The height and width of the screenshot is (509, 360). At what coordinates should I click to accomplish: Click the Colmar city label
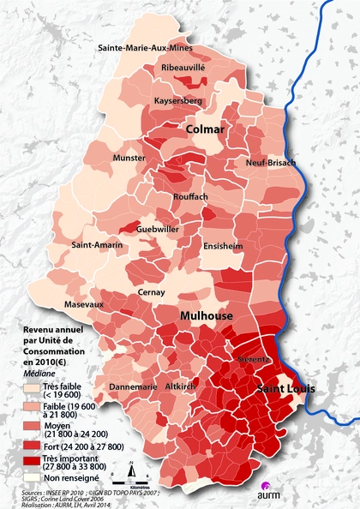click(x=205, y=129)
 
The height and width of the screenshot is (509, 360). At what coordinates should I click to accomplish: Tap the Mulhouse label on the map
click(x=206, y=316)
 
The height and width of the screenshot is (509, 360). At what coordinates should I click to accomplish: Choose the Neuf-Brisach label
click(x=270, y=163)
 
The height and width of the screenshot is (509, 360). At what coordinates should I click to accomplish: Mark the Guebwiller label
click(x=158, y=230)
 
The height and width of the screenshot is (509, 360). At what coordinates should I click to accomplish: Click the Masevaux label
click(x=83, y=304)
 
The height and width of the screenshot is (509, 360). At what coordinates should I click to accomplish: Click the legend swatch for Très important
click(x=33, y=463)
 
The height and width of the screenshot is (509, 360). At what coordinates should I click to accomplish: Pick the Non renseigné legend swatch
click(x=33, y=477)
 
